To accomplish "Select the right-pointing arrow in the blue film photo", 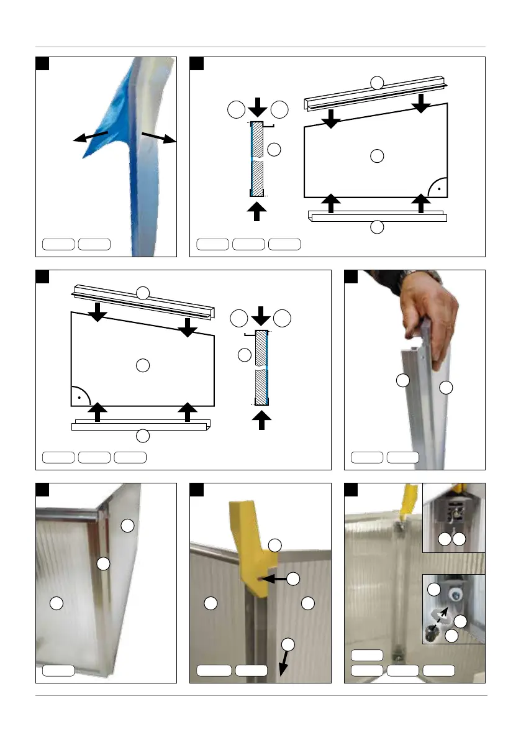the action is click(160, 138).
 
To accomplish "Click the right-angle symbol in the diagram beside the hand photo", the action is click(81, 394).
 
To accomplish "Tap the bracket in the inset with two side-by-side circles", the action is click(453, 515).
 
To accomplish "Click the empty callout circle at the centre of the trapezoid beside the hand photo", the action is click(143, 366).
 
